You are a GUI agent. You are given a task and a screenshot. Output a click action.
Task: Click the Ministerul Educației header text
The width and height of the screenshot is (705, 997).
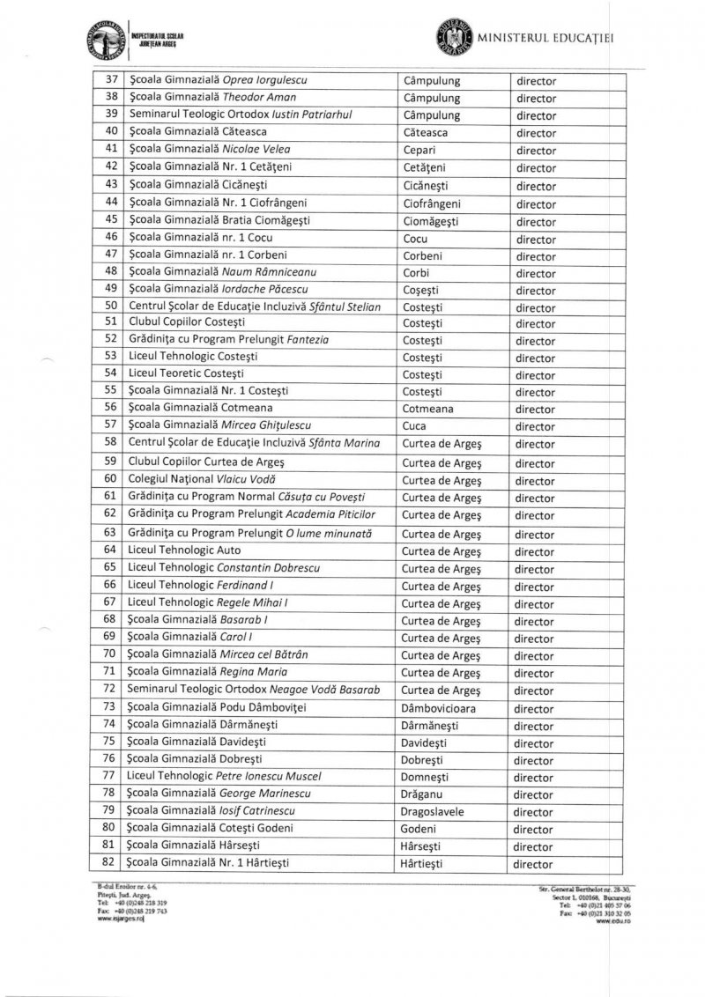click(x=545, y=38)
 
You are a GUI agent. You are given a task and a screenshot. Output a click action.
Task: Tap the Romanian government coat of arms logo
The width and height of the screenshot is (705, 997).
click(x=454, y=38)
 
